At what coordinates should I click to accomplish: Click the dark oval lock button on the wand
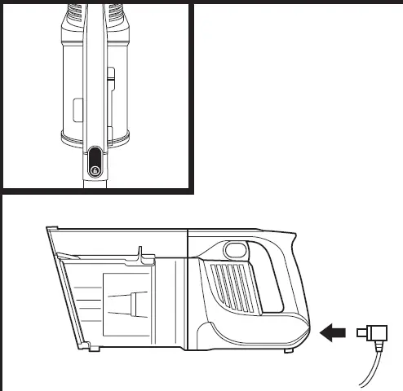pyautogui.click(x=95, y=160)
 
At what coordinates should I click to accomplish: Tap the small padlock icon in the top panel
pyautogui.click(x=95, y=169)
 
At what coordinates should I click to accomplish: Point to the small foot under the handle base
pyautogui.click(x=290, y=351)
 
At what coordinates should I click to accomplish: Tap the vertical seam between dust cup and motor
pyautogui.click(x=188, y=293)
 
